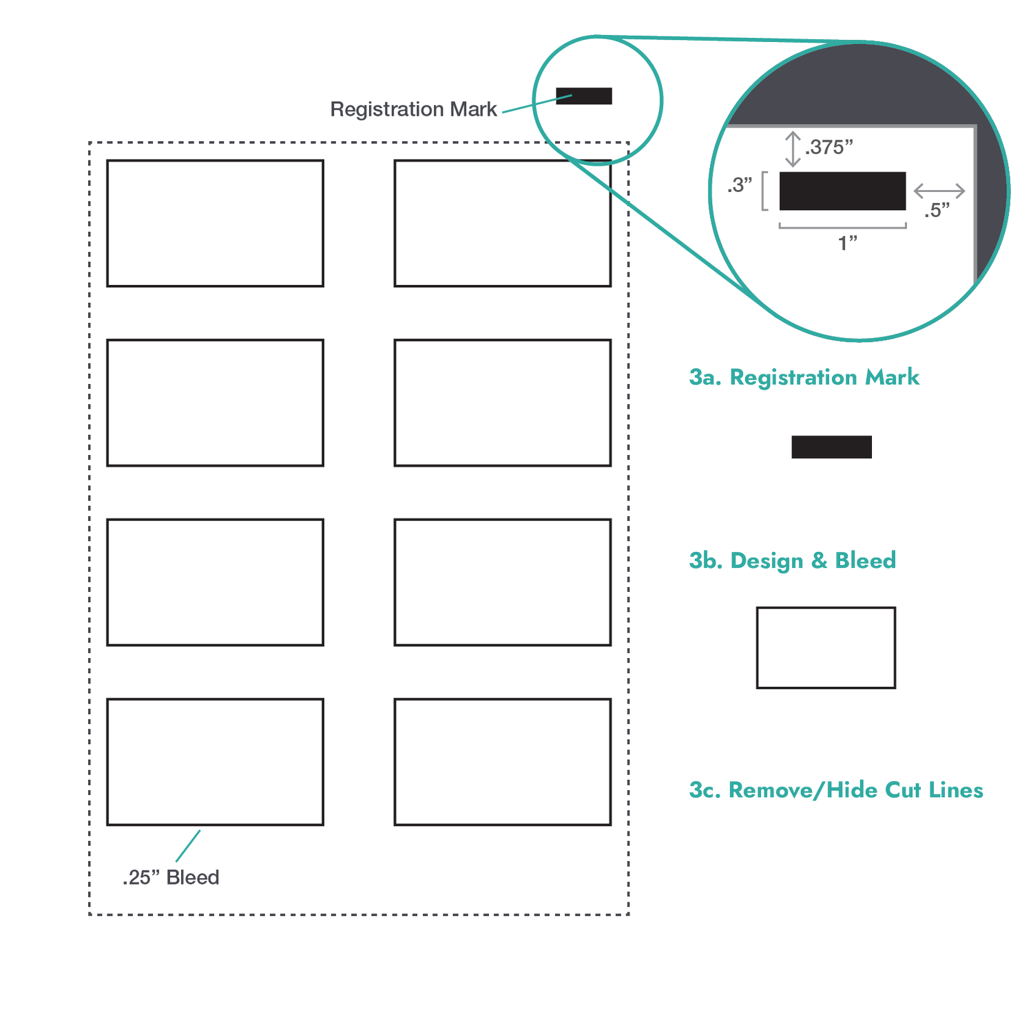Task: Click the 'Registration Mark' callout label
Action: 413,109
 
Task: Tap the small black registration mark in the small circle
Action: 584,96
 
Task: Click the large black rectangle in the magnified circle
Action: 842,191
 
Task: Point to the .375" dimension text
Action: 829,147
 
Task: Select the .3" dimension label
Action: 740,185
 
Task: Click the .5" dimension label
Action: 937,211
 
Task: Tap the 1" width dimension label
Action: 848,243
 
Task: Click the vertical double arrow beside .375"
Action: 793,149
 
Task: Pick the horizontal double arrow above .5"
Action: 939,191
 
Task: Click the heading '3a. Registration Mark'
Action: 804,377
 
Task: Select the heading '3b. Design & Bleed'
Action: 793,561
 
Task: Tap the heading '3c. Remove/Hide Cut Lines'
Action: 836,790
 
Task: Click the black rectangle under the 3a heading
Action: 831,447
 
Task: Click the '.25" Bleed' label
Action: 171,878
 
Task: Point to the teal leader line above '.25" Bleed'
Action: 188,846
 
